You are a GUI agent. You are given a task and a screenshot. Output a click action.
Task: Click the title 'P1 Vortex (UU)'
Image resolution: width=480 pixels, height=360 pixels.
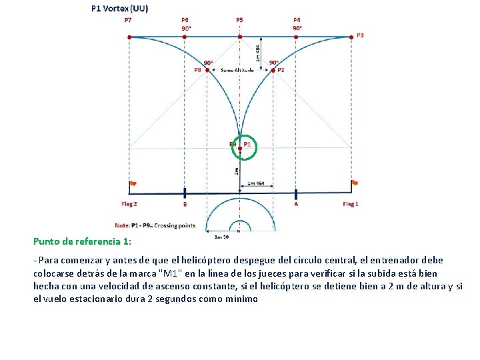point(120,9)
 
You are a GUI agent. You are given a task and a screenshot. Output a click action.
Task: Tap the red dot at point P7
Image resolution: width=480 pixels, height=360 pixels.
point(129,37)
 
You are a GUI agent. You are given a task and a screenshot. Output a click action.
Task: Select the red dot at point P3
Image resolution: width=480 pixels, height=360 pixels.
point(351,37)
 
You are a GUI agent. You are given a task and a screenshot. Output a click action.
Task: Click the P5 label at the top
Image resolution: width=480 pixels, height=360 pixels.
point(239,20)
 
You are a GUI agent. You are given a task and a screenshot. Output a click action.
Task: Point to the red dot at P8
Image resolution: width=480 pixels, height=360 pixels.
point(207,69)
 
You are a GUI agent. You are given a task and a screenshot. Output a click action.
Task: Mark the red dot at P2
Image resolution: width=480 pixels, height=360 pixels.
point(273,69)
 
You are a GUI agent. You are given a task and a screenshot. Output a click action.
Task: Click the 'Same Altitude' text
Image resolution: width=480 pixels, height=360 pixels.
point(237,70)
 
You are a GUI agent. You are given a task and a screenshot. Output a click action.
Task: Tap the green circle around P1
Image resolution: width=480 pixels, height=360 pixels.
point(245,149)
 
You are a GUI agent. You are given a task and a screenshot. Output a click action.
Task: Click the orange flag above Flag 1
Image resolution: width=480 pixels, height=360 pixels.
point(355,182)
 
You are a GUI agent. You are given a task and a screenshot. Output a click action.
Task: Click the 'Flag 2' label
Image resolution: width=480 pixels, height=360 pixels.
point(129,204)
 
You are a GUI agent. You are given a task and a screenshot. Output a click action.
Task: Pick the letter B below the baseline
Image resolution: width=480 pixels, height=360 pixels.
point(185,205)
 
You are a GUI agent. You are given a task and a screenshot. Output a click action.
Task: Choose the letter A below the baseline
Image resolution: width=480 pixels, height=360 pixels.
point(296,205)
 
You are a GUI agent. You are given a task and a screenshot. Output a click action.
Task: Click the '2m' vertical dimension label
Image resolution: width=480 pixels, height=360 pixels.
point(236,171)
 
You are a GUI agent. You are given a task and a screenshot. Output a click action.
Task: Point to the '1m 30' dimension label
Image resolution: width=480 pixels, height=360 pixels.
point(222,236)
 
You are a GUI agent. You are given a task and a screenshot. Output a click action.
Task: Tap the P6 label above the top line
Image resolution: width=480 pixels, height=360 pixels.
point(185,20)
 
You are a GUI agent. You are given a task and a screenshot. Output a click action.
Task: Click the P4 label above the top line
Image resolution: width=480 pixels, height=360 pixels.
point(297,20)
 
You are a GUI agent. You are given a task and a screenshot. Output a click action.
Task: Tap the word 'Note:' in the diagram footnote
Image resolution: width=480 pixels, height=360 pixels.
point(123,225)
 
